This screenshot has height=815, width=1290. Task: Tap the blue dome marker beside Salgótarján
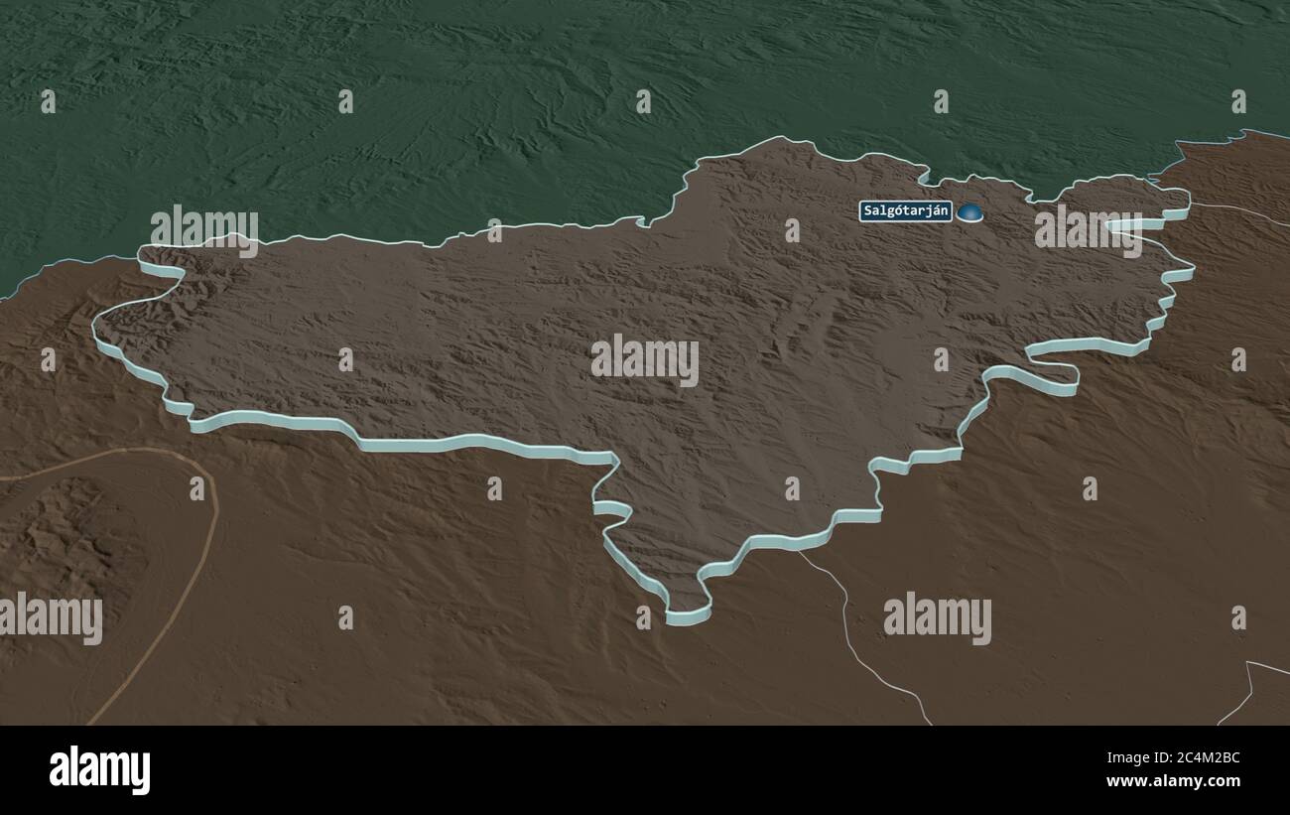click(x=969, y=211)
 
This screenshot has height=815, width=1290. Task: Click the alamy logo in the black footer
click(x=99, y=770)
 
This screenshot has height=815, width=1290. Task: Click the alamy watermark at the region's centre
click(x=645, y=360)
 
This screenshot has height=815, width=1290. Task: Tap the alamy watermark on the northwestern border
click(x=204, y=227)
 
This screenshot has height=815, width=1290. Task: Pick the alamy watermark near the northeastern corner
click(x=1088, y=228)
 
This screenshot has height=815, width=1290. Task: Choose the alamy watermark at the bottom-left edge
click(x=51, y=617)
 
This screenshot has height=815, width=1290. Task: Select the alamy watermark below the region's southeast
click(x=937, y=617)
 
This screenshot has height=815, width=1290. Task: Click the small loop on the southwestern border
click(x=611, y=507)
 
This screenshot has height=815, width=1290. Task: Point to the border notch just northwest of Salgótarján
click(x=924, y=176)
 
